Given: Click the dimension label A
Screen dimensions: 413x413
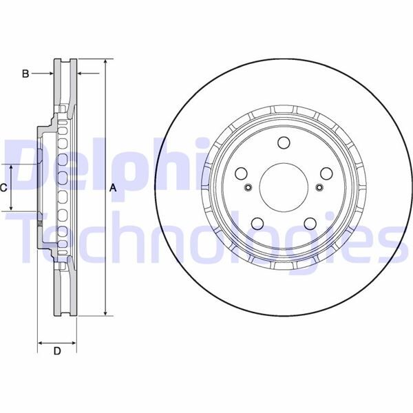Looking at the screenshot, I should (x=114, y=188).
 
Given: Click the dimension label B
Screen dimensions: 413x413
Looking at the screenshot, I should (x=25, y=73).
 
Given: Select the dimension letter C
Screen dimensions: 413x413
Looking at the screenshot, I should (x=4, y=187).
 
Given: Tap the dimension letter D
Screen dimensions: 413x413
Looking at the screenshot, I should (x=57, y=351).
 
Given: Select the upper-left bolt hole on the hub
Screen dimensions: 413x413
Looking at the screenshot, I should (x=242, y=173).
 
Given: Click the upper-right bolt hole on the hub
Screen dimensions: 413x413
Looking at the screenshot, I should (x=326, y=173).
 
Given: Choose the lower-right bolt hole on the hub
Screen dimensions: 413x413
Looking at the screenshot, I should (x=310, y=222).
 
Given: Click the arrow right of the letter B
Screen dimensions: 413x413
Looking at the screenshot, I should (x=48, y=73).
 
